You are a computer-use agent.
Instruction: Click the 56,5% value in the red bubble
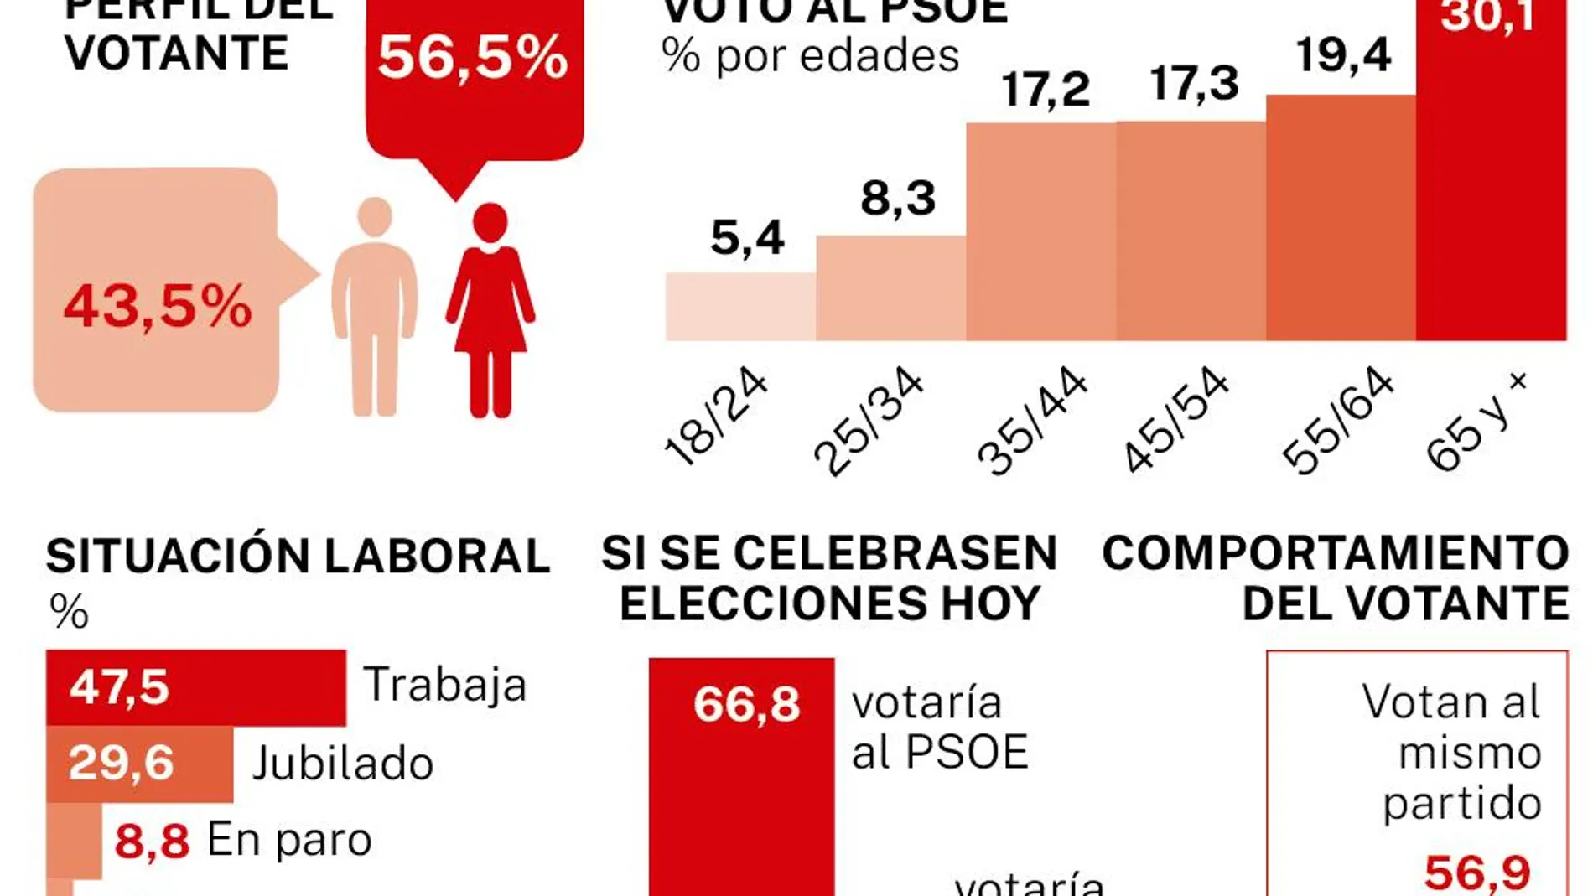(x=473, y=59)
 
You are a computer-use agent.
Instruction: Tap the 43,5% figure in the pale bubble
(x=158, y=305)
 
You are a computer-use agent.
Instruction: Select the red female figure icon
(x=490, y=310)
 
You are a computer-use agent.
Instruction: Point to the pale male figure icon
(x=375, y=307)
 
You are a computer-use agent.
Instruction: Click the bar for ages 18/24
(x=740, y=307)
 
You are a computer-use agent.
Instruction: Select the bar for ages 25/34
(x=890, y=289)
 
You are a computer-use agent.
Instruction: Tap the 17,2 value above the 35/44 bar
(x=1046, y=90)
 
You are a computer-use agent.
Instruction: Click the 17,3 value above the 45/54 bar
(x=1194, y=84)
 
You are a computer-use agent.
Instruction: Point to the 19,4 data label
(x=1343, y=55)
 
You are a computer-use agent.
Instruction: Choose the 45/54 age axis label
(x=1175, y=421)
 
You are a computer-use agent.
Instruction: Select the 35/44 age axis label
(x=1031, y=422)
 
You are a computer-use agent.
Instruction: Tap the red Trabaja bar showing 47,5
(x=196, y=687)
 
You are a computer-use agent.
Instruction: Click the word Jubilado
(x=343, y=764)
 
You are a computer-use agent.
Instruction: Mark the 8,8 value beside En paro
(x=152, y=841)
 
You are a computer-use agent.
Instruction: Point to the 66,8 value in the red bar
(x=746, y=704)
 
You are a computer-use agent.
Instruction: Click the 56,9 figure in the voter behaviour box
(x=1477, y=873)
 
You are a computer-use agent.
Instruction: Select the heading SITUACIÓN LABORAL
(x=298, y=556)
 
